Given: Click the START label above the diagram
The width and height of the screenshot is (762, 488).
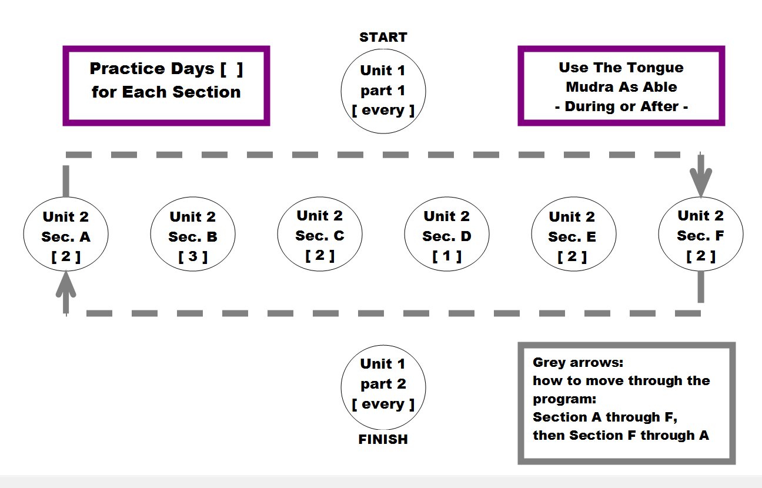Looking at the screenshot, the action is click(383, 37).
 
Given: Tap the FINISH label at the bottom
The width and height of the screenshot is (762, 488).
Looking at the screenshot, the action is click(383, 439).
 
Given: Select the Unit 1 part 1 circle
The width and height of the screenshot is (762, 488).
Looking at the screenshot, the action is click(383, 91).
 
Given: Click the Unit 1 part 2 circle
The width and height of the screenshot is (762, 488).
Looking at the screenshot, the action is click(383, 387).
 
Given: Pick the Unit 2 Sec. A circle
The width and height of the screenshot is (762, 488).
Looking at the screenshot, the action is click(66, 234).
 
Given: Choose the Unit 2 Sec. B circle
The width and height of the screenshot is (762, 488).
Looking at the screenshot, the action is click(193, 234).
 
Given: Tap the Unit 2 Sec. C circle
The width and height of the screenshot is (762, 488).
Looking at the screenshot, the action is click(320, 234).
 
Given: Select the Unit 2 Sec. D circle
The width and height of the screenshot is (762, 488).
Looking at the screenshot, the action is click(447, 234).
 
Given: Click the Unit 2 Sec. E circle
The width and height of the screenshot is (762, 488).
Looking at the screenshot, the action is click(573, 234).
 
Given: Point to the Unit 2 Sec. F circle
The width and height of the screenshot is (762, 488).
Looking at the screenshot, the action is click(701, 234).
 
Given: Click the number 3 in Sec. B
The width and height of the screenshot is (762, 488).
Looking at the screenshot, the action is click(193, 256).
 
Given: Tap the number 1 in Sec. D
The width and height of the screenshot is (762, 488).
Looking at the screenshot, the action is click(447, 256).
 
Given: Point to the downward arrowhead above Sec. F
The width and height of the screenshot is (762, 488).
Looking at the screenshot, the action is click(701, 182).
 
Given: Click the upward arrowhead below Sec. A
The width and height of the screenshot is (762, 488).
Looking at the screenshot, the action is click(66, 286).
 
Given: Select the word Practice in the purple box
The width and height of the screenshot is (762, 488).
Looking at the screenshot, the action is click(128, 68).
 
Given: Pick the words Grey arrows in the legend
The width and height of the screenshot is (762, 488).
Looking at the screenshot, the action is click(578, 363).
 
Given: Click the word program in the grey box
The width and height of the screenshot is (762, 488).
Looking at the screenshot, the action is click(564, 399).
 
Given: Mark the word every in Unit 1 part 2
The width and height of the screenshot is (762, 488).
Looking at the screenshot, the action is click(383, 404).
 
